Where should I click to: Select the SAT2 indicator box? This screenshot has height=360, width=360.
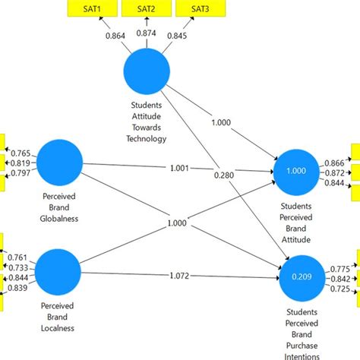[x=147, y=8]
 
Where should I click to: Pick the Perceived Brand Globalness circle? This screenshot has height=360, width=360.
[x=58, y=161]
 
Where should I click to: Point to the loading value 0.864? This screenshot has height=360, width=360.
[x=115, y=35]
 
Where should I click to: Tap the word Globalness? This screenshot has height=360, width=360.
[x=58, y=218]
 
